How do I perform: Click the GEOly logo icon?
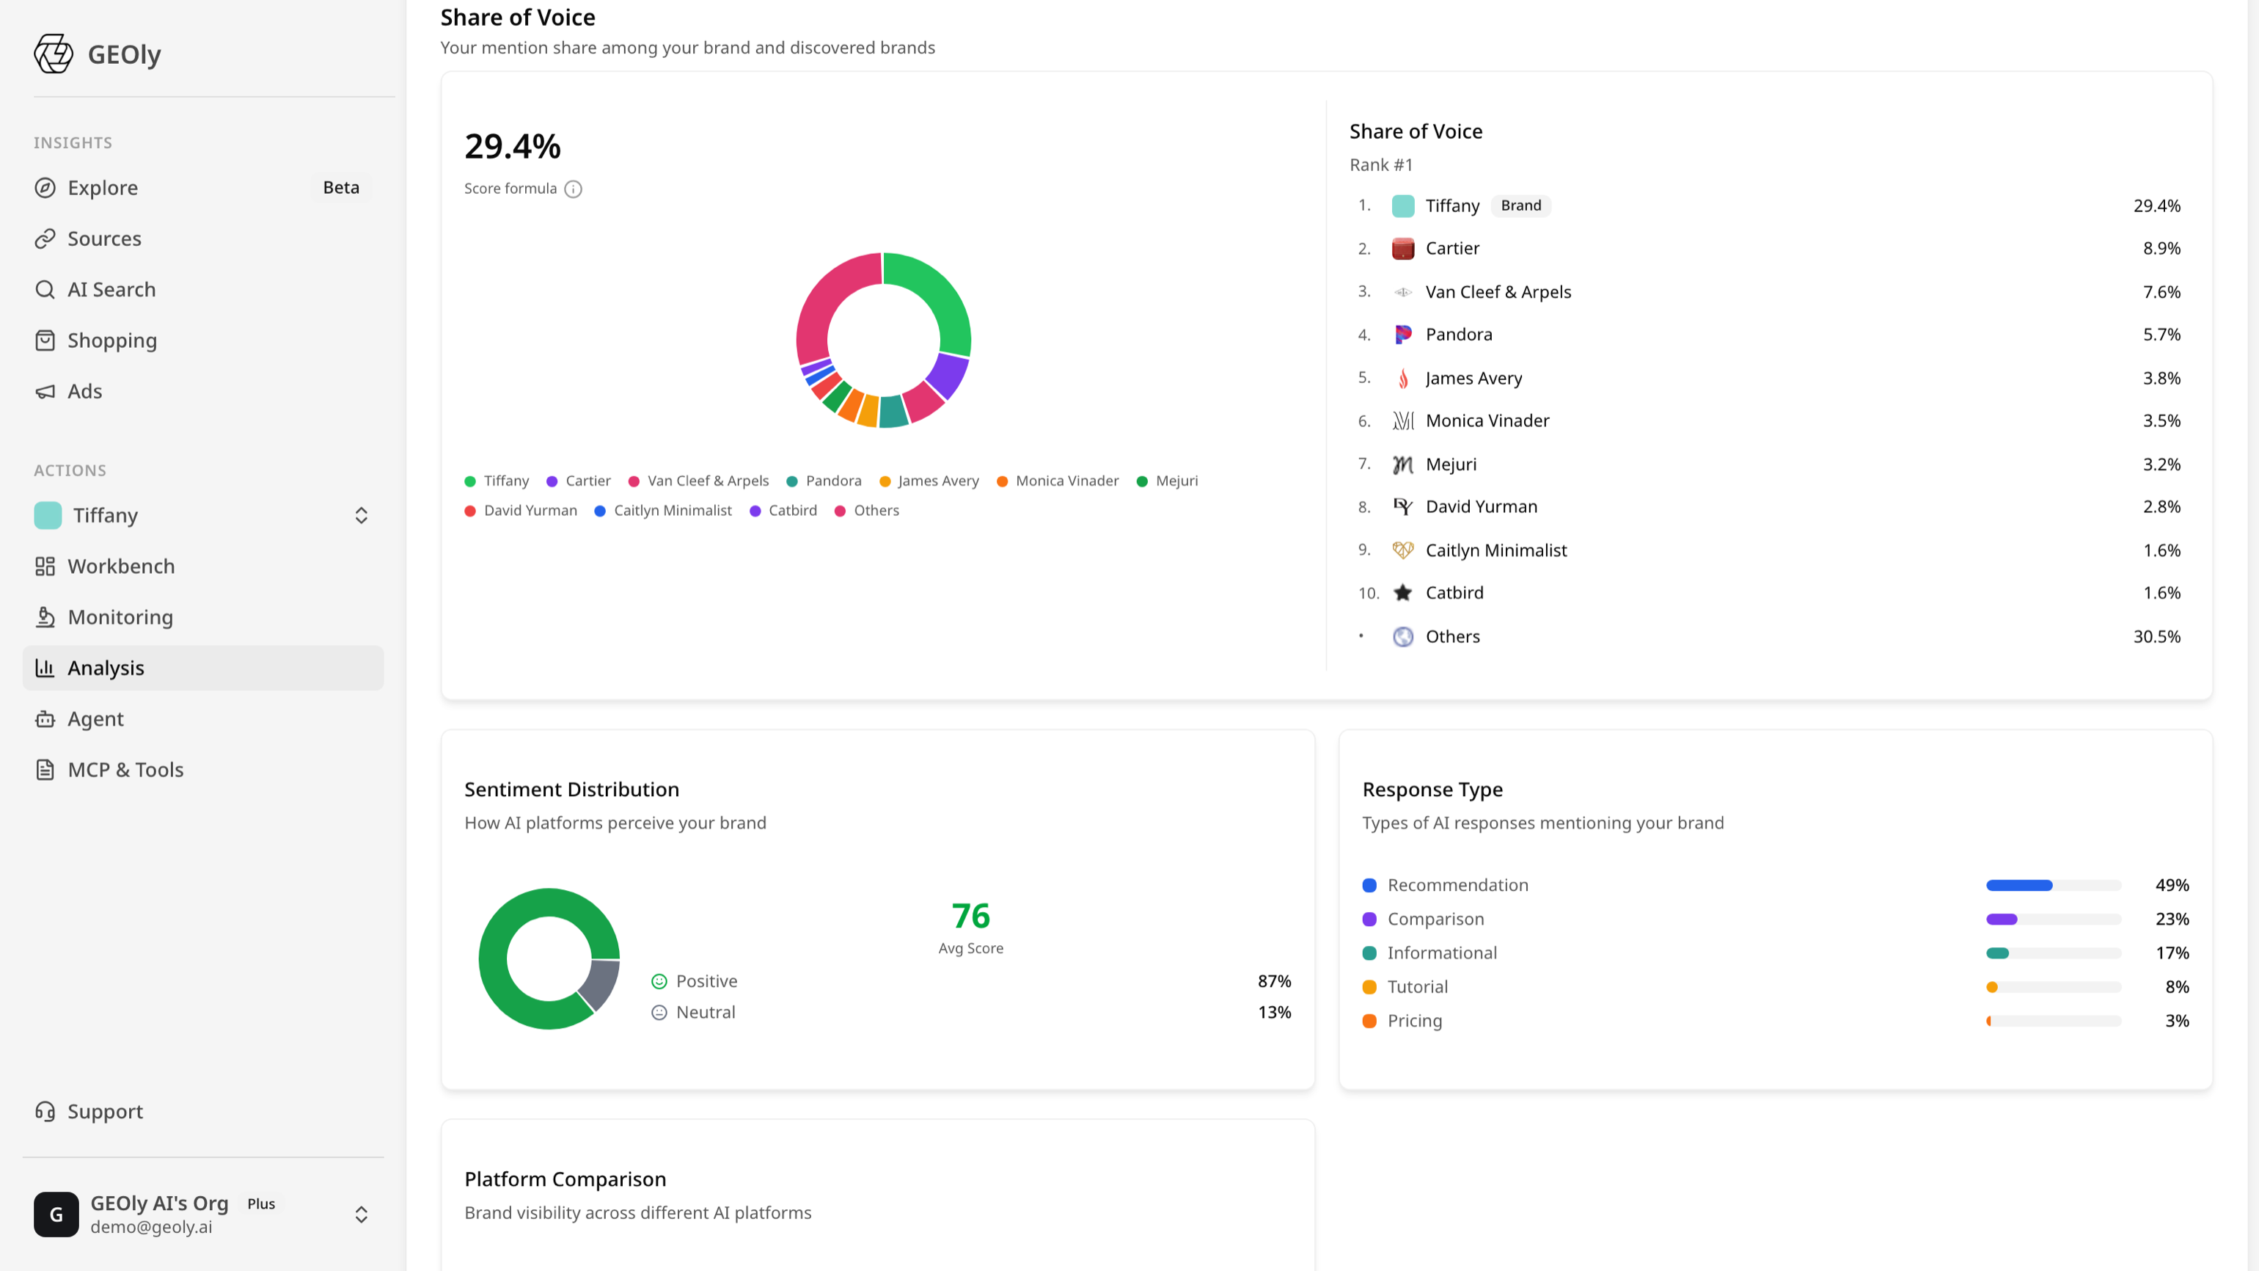[x=54, y=54]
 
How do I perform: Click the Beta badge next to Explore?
[x=341, y=188]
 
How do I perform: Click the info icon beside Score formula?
[x=574, y=189]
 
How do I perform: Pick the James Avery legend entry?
[x=929, y=481]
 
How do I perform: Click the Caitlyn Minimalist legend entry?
[x=663, y=511]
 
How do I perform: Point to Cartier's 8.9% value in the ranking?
[x=2161, y=248]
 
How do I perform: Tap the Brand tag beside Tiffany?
[x=1520, y=205]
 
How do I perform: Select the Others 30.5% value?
[x=2156, y=637]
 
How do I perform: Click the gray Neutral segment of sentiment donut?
[x=600, y=983]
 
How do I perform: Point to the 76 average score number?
[x=971, y=916]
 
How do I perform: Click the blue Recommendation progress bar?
[x=2018, y=886]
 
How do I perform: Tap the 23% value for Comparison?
[x=2172, y=919]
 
